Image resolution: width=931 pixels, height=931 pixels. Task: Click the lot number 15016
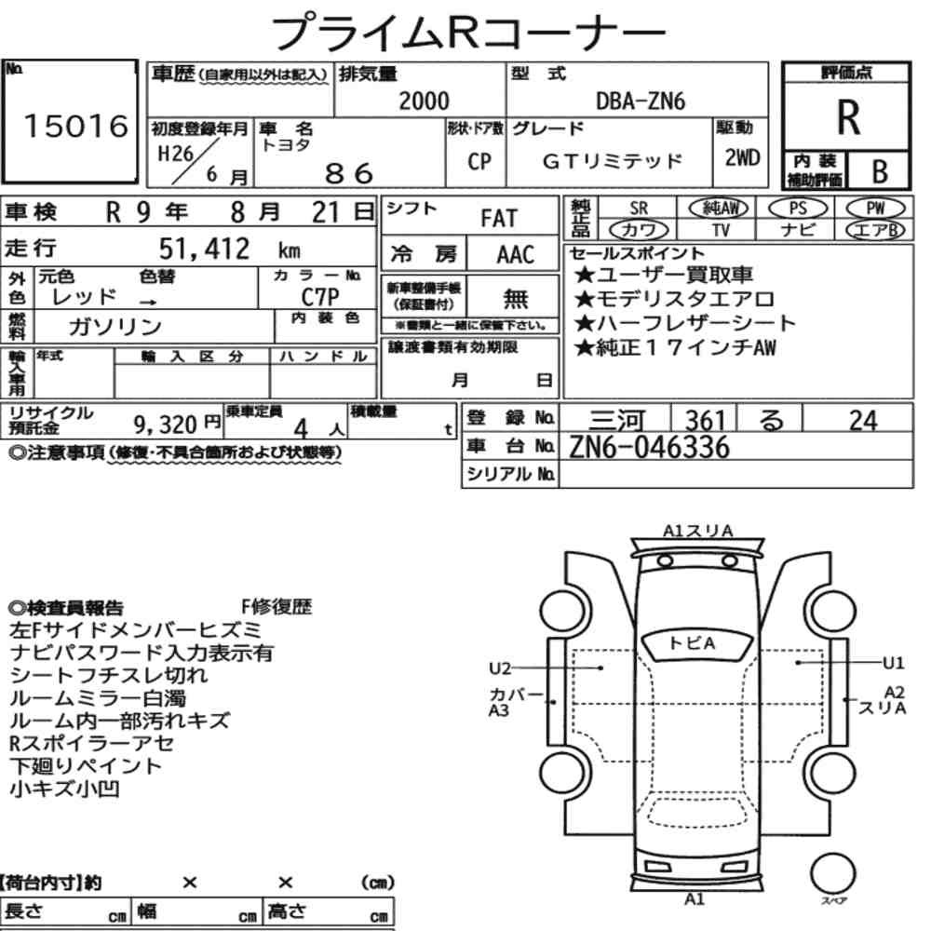pyautogui.click(x=76, y=126)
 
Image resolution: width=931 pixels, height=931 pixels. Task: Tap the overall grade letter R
pyautogui.click(x=848, y=117)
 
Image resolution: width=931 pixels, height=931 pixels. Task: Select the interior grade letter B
pyautogui.click(x=880, y=171)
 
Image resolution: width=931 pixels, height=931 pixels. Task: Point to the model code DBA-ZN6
pyautogui.click(x=641, y=101)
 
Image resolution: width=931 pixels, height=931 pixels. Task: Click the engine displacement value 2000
pyautogui.click(x=424, y=101)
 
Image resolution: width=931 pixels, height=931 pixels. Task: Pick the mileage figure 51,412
pyautogui.click(x=204, y=249)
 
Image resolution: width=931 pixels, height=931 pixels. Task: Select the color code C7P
pyautogui.click(x=320, y=296)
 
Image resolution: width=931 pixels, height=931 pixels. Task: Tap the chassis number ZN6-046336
pyautogui.click(x=649, y=447)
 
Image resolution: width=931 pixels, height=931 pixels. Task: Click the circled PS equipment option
pyautogui.click(x=798, y=209)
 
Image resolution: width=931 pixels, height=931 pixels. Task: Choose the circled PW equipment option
pyautogui.click(x=875, y=209)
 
